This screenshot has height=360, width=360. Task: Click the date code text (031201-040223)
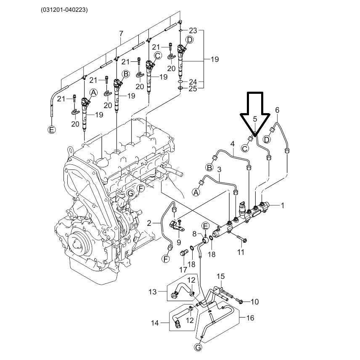point(64,10)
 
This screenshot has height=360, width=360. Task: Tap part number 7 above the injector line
point(121,34)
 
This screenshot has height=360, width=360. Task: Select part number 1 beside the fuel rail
point(283,206)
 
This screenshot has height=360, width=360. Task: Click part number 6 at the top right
point(277,110)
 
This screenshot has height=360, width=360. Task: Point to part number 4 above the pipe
point(233,144)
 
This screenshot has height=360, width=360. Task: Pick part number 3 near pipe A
point(219,169)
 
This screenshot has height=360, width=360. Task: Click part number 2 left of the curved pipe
point(149,223)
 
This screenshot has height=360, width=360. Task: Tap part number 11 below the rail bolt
point(241,252)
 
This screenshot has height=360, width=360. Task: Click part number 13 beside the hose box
point(152,292)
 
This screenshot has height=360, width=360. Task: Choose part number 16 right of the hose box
point(250,318)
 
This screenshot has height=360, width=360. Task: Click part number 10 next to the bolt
point(254,302)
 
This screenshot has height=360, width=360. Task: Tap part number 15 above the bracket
point(221,276)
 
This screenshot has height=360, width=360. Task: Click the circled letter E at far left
point(51,130)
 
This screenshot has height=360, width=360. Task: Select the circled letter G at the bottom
point(198,347)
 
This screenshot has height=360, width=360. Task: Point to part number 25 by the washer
point(193,89)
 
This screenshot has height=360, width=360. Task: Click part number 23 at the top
point(193,31)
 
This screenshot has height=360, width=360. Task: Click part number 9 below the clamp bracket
point(179,242)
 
